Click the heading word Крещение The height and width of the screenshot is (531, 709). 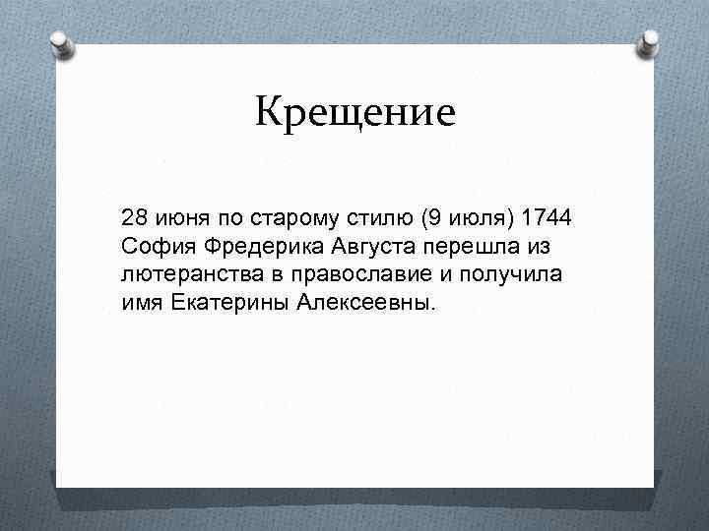[355, 114]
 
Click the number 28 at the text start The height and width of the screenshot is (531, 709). [134, 216]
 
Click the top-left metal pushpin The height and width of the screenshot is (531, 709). [62, 44]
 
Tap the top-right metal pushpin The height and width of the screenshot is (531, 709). [651, 41]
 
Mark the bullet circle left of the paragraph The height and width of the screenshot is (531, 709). [106, 217]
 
